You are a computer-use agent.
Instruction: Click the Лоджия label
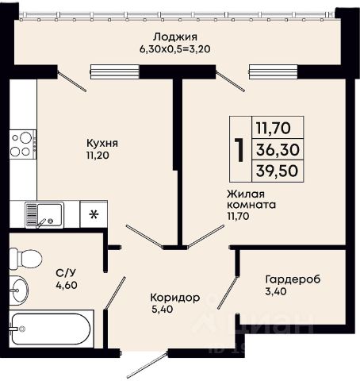click(175, 37)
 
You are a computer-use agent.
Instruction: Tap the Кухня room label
click(102, 144)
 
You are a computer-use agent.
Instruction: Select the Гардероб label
click(293, 279)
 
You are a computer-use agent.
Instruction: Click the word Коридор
click(175, 298)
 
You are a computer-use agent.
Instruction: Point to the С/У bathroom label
click(63, 272)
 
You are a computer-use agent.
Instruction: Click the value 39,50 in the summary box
click(278, 171)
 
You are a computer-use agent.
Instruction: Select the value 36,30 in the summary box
click(278, 149)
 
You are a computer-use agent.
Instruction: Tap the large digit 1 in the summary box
click(240, 150)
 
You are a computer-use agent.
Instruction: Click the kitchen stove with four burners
click(23, 144)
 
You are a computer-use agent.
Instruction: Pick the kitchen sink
click(44, 215)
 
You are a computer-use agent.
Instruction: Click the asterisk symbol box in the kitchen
click(94, 214)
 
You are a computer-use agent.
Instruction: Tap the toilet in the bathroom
click(25, 259)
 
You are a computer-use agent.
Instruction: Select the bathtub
click(52, 329)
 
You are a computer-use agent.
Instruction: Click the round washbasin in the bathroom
click(19, 291)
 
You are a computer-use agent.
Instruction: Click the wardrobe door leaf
click(228, 292)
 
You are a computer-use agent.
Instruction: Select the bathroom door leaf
click(115, 293)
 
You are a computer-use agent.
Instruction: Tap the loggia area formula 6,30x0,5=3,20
click(175, 49)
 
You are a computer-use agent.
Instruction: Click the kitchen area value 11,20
click(98, 156)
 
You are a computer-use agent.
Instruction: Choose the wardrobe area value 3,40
click(276, 291)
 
